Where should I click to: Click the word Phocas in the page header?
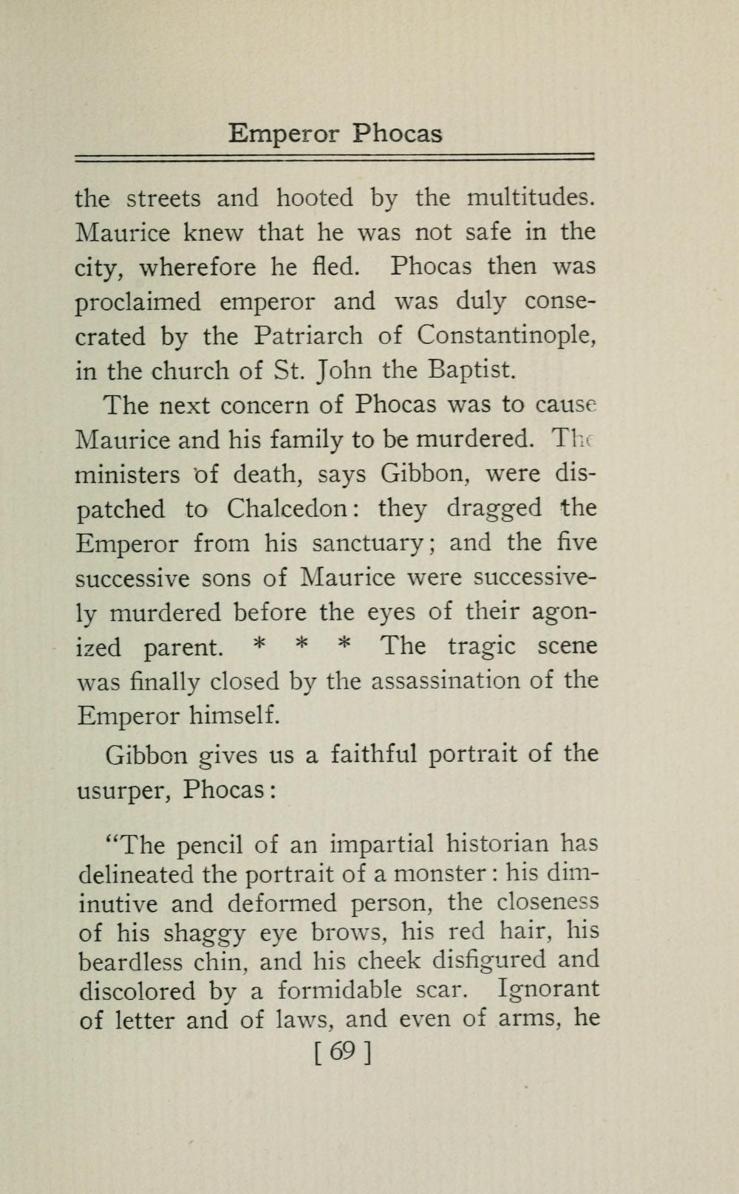pyautogui.click(x=397, y=134)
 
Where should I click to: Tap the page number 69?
pyautogui.click(x=341, y=1051)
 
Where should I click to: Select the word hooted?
pyautogui.click(x=315, y=198)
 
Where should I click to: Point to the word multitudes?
pyautogui.click(x=531, y=198)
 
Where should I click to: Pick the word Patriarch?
pyautogui.click(x=308, y=336)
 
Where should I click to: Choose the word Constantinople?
pyautogui.click(x=506, y=336)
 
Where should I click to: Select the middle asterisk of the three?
pyautogui.click(x=301, y=645)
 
